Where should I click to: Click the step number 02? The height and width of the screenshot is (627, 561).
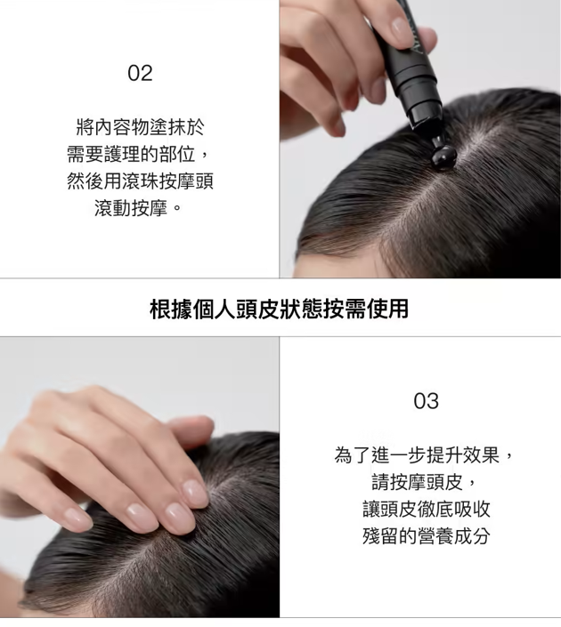coord(140,73)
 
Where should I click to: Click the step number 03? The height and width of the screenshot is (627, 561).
coord(426,401)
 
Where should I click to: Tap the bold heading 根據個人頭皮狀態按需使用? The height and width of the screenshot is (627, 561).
coord(279,309)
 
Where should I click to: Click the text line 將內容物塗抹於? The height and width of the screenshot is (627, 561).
coord(140,127)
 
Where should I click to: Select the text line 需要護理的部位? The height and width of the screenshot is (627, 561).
coord(131,155)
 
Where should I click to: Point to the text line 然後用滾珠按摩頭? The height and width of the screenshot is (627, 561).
coord(140,181)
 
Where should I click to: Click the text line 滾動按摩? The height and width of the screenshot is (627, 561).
coord(131,208)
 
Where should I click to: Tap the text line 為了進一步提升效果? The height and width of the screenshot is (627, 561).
coord(417,455)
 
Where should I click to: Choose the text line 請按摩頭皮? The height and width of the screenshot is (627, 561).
coord(417,482)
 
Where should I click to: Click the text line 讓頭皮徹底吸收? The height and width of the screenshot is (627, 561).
coord(426,509)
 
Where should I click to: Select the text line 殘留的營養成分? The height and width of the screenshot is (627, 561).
coord(426,535)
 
